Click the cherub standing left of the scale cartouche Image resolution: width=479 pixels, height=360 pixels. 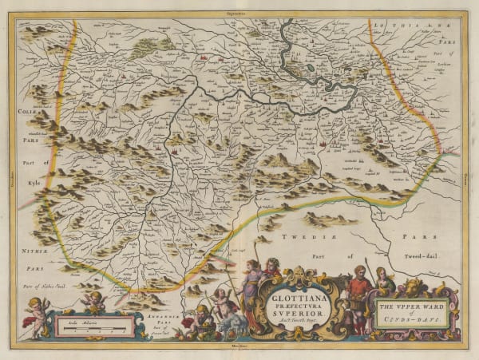(36, 315)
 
